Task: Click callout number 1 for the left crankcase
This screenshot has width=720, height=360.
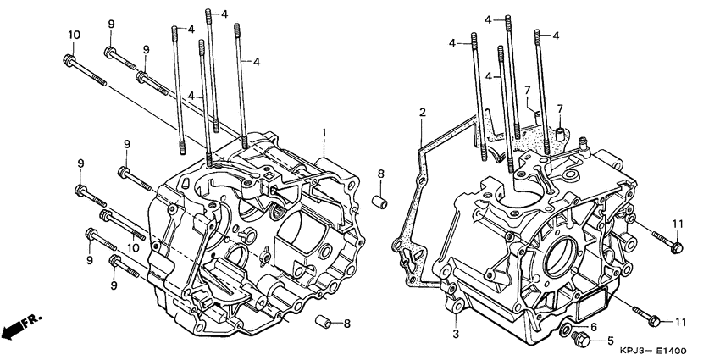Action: (x=324, y=133)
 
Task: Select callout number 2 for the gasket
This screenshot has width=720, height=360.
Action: (x=422, y=112)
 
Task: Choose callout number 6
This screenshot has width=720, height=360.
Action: (x=594, y=327)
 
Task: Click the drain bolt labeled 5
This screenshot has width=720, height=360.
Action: (x=581, y=340)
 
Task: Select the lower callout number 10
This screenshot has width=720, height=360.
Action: (x=132, y=246)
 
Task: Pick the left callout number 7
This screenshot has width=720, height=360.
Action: (x=526, y=90)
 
